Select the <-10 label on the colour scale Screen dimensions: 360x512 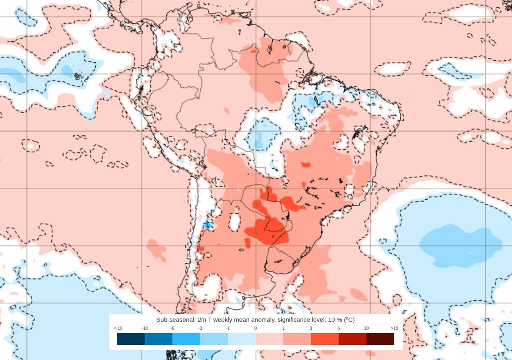coord(118,328)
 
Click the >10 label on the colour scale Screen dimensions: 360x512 coord(394,328)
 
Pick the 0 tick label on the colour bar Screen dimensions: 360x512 coord(255,328)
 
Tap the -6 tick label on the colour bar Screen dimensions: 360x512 coord(172,328)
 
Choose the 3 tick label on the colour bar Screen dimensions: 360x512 coord(311,328)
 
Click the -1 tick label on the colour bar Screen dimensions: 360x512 coord(228,328)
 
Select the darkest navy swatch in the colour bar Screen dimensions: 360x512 coord(131,339)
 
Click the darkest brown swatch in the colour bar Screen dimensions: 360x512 coord(380,339)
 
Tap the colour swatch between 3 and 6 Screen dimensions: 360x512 coord(324,339)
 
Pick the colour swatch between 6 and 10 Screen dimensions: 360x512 coord(352,339)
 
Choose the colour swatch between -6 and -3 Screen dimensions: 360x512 coord(186,339)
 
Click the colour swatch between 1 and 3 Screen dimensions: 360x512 coord(297,339)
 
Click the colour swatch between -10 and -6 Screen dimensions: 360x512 coord(158,339)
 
